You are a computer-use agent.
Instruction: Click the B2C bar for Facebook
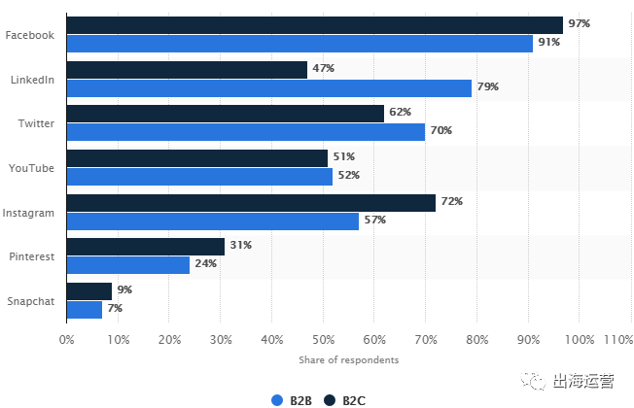[314, 24]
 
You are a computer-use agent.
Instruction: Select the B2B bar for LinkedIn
[268, 87]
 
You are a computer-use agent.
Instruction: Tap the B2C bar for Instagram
[251, 202]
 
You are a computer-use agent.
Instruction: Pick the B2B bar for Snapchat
[85, 309]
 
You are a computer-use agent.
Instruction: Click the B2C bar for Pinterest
[145, 246]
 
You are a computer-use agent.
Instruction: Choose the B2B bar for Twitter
[245, 131]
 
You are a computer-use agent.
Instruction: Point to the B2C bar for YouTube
[196, 157]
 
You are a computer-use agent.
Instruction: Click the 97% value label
[579, 23]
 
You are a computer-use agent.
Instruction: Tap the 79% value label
[487, 87]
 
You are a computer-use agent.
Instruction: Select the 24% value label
[205, 264]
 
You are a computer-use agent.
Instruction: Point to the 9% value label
[123, 289]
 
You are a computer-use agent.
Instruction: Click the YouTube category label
[31, 168]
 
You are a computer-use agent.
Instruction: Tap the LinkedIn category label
[31, 80]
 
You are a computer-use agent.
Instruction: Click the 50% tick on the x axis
[323, 340]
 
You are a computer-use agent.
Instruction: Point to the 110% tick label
[617, 340]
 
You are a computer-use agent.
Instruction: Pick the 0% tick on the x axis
[66, 340]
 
